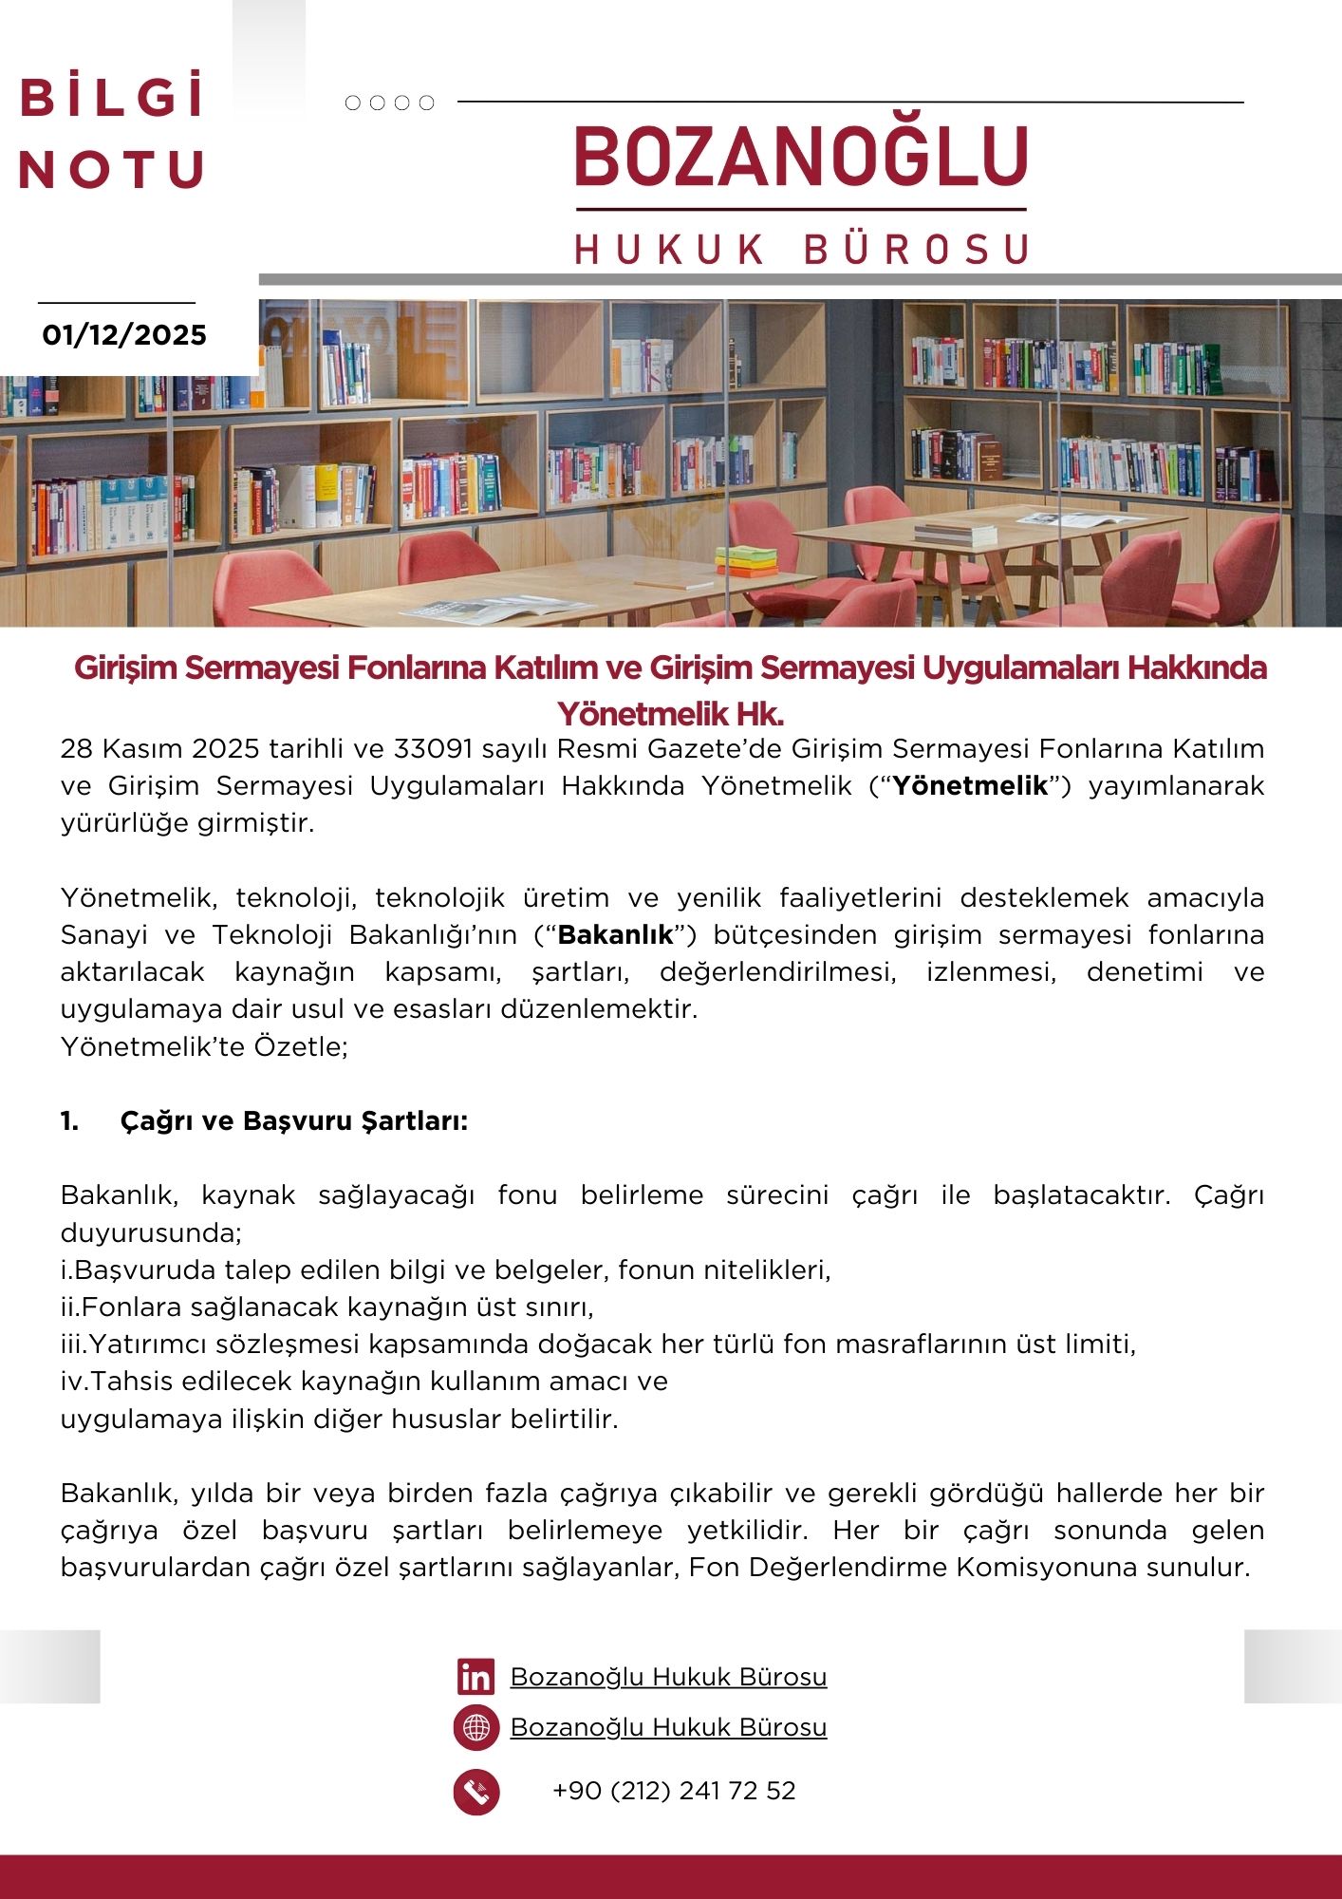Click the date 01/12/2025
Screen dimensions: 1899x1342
pos(124,335)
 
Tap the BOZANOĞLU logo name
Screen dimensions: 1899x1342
pos(802,157)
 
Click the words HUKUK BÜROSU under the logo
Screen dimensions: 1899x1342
pos(802,249)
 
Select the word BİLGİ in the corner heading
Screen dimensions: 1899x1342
pos(112,98)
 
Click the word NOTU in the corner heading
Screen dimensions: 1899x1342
pos(112,170)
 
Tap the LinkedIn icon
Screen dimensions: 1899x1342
pos(475,1677)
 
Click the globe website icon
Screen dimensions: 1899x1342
pos(475,1727)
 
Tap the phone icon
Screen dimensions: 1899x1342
pos(475,1792)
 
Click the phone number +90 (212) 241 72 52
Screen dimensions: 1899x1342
pos(674,1791)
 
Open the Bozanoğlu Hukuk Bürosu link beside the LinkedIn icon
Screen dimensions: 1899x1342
pos(668,1677)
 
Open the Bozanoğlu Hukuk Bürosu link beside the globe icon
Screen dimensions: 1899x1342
pos(668,1727)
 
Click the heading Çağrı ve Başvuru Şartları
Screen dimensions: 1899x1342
pos(293,1121)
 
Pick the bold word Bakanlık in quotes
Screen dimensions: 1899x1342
pos(616,935)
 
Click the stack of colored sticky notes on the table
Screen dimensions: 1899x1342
pos(746,561)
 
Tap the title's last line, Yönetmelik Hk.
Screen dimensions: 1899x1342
pos(670,713)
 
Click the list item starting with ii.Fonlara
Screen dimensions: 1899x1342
pos(327,1307)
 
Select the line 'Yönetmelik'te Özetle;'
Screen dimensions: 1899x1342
pos(204,1046)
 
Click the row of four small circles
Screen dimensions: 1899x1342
pos(389,103)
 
